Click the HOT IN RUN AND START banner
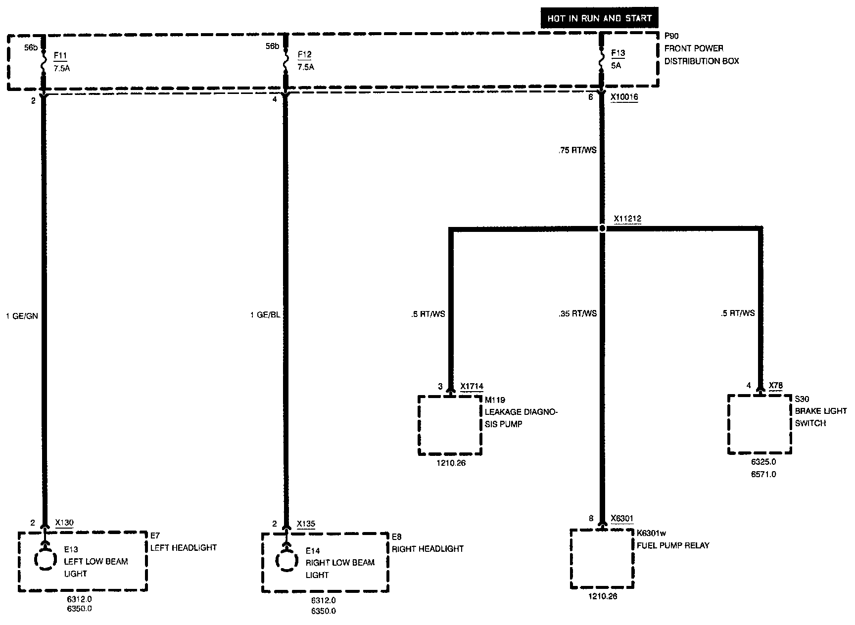(599, 19)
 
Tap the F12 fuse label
(305, 55)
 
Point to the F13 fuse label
(618, 53)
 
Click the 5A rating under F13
(616, 65)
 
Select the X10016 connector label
(624, 97)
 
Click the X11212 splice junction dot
(602, 228)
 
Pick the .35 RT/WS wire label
(578, 313)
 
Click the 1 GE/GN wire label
(22, 316)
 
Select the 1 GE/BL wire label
(265, 314)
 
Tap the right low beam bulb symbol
(286, 561)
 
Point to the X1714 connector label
(472, 387)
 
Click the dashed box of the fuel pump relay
(602, 559)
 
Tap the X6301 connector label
(622, 518)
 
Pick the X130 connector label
(64, 522)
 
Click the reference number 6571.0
(763, 474)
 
